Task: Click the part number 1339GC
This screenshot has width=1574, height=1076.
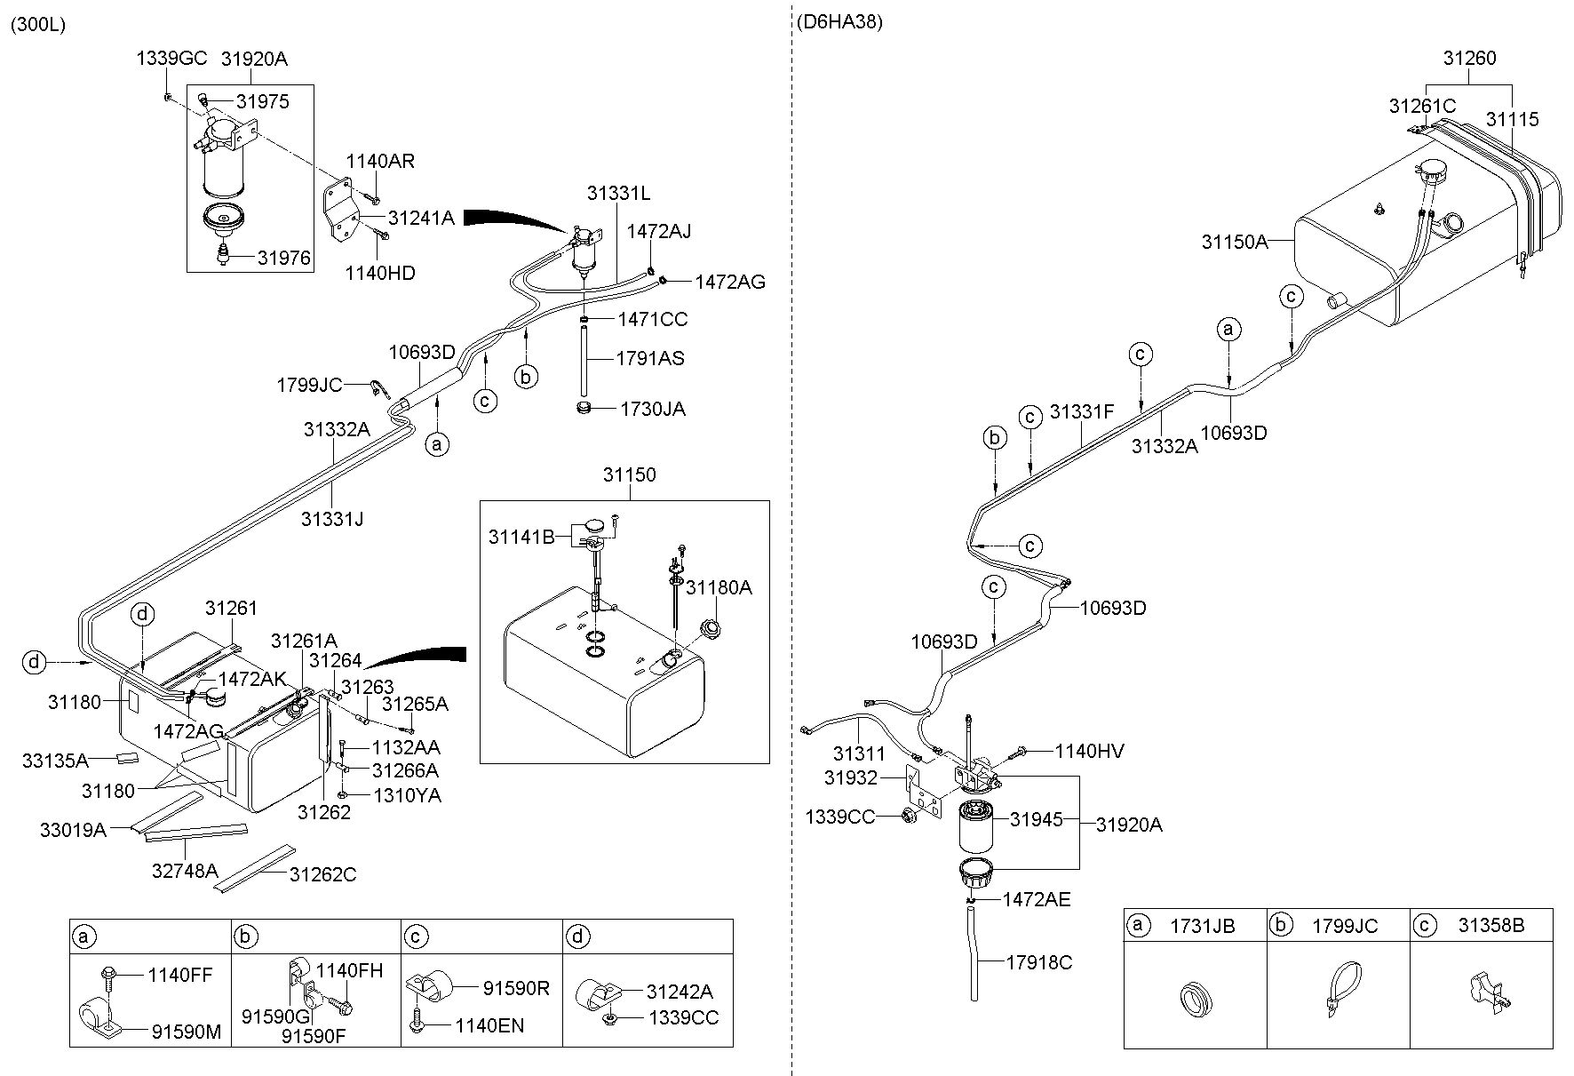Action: [x=171, y=59]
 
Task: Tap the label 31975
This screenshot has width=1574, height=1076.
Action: [x=262, y=101]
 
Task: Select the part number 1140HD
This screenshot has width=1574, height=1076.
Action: [x=380, y=273]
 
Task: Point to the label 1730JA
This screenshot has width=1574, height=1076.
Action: [x=653, y=409]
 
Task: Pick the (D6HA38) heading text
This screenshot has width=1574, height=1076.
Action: [x=839, y=22]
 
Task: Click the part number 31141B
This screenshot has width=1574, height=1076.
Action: [x=521, y=537]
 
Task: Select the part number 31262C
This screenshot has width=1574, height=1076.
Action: [x=322, y=874]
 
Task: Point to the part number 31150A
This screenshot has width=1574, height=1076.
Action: [x=1235, y=242]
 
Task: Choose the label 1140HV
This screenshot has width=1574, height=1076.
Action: [x=1089, y=752]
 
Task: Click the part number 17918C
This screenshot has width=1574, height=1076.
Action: [x=1039, y=961]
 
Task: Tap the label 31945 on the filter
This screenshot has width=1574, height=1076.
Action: [x=1036, y=819]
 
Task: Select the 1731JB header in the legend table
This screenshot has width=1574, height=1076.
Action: [x=1202, y=926]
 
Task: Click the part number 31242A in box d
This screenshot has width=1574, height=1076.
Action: [x=680, y=992]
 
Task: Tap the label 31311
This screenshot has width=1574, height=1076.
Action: [x=859, y=753]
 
